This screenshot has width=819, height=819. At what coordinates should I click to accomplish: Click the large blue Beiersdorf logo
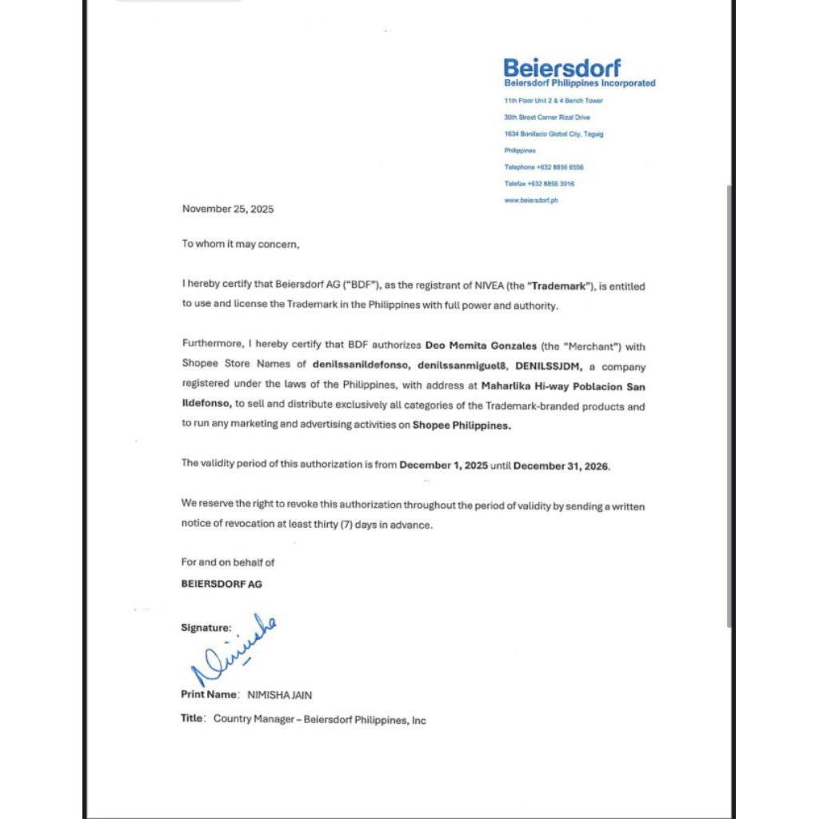pos(561,67)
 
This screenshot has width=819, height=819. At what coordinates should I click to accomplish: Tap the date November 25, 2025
pos(228,210)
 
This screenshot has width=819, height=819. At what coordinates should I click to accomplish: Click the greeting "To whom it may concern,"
pos(240,244)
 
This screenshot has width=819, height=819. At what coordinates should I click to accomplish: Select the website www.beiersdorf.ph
pos(531,201)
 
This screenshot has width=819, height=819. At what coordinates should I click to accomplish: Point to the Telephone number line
pos(544,167)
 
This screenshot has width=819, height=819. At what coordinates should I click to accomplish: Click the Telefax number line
pos(539,184)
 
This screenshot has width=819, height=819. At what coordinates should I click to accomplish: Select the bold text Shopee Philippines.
pos(461,425)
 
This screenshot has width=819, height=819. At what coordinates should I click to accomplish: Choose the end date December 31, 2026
pos(561,465)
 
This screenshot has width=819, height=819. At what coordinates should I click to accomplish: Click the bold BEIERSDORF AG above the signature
pos(222,584)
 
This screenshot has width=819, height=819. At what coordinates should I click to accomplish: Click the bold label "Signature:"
pos(206,628)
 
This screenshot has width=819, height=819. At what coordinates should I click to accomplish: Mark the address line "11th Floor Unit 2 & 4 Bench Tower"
pos(553,101)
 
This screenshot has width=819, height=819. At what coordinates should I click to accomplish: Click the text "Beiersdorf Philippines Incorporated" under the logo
pos(579,83)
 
